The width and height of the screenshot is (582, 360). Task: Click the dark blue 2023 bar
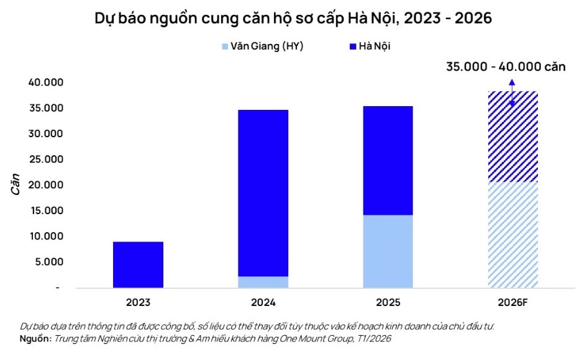coord(138,264)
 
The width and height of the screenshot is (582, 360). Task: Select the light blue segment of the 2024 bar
coord(263,282)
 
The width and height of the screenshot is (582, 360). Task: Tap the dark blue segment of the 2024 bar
coord(263,192)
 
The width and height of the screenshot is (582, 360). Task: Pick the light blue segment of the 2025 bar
coord(388,251)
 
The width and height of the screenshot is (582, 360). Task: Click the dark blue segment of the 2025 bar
coord(388,160)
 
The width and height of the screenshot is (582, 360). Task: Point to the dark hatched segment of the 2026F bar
coord(512,137)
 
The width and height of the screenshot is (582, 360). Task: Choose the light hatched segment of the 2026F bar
coord(512,234)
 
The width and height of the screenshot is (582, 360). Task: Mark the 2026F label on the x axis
coord(512,303)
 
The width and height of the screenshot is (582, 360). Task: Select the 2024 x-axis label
coord(263,303)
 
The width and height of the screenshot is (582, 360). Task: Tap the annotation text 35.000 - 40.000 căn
coord(506,67)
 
